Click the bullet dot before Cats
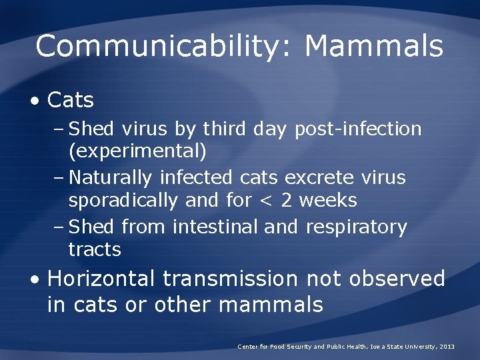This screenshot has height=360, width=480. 34,101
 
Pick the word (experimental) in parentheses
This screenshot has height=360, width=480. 137,151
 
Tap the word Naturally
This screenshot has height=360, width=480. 111,177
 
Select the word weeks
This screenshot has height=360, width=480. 328,200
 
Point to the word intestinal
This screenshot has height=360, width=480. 215,227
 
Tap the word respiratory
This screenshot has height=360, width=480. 356,227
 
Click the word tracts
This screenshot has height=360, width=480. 95,250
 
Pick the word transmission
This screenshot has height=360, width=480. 231,278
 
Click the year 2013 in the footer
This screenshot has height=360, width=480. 447,347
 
